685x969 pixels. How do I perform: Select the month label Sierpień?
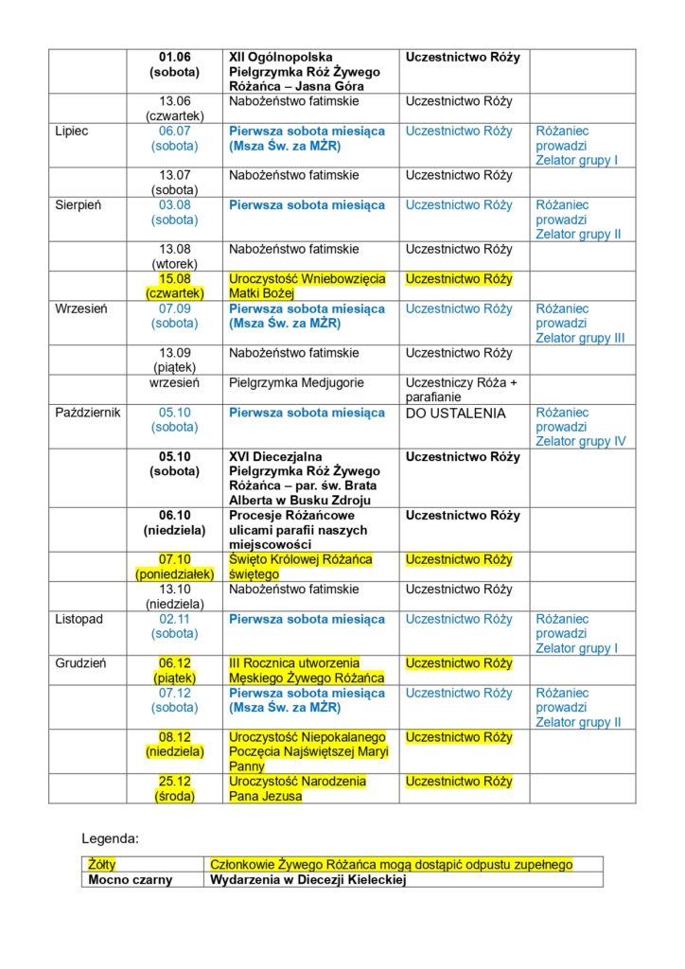click(78, 205)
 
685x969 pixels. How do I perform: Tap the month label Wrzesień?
click(80, 309)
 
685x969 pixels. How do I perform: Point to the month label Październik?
click(87, 414)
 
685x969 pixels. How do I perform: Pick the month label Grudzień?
click(79, 663)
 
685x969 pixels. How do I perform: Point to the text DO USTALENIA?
click(455, 414)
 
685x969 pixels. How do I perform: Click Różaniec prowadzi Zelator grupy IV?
click(580, 427)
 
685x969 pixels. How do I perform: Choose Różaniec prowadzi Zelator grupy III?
click(580, 324)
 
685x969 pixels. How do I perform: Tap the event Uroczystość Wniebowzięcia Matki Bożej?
click(307, 286)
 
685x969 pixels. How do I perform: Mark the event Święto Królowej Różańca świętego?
click(301, 567)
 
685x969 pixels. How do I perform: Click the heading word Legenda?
click(111, 838)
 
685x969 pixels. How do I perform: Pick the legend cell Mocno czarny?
click(131, 880)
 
